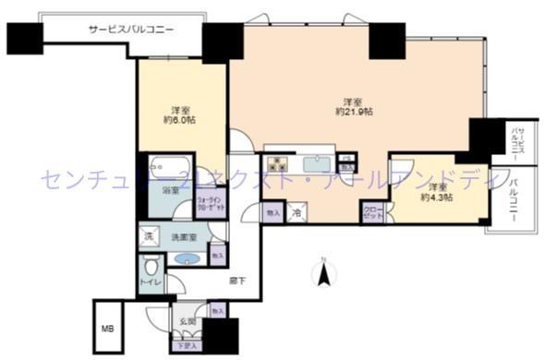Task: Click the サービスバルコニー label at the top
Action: pos(130,30)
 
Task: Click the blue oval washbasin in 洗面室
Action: pos(185,258)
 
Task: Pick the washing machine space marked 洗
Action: pos(149,236)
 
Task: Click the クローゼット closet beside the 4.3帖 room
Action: pos(372,213)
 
